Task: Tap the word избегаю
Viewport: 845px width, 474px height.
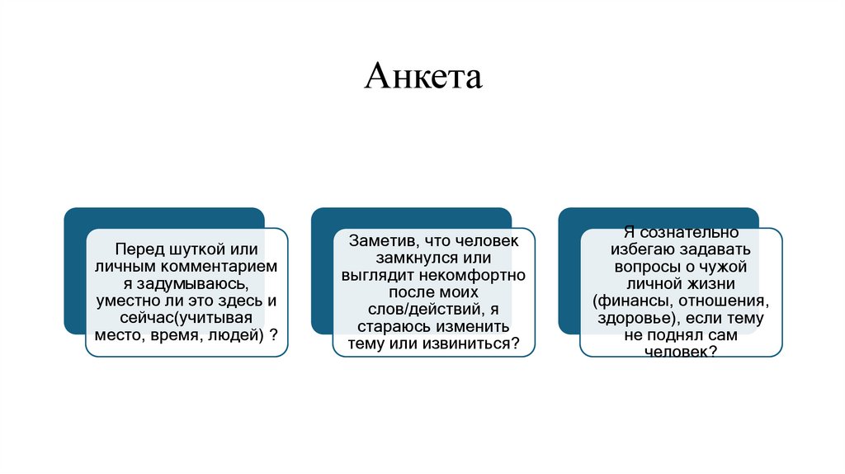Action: point(645,249)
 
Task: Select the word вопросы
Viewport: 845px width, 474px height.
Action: point(647,267)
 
